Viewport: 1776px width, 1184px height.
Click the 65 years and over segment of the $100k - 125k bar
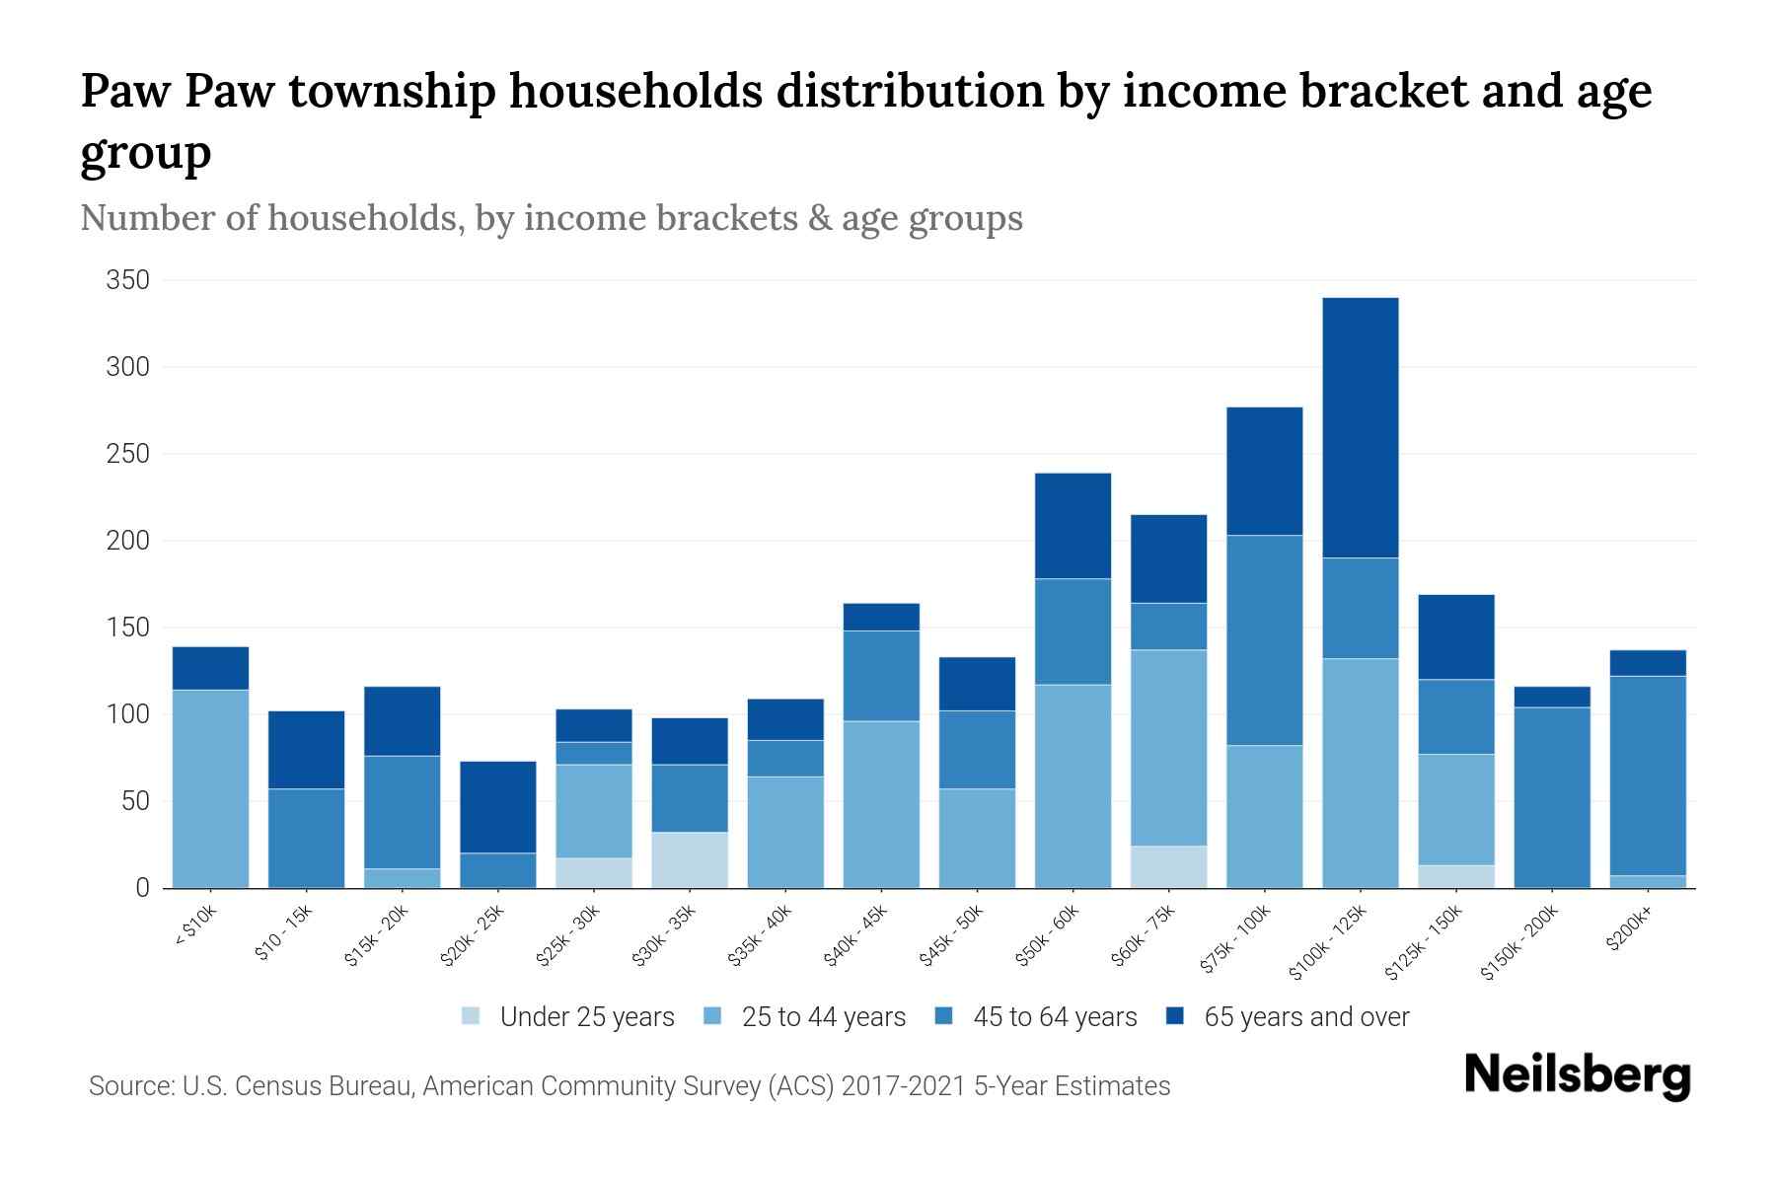(1360, 427)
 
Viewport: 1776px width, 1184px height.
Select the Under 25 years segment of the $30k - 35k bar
(690, 859)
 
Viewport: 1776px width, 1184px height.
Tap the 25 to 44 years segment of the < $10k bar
(210, 788)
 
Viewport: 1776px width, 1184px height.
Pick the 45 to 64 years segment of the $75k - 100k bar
(1264, 639)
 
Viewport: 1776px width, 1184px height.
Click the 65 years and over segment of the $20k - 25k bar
(498, 807)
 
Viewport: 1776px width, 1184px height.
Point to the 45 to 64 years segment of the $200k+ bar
(1648, 776)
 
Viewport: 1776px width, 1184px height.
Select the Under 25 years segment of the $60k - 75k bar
(1168, 866)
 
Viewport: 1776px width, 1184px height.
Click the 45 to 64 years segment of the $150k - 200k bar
(1552, 797)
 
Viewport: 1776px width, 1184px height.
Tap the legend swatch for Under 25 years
(472, 1016)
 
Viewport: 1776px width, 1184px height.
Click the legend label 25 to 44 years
(823, 1017)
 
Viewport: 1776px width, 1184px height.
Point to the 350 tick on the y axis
(128, 280)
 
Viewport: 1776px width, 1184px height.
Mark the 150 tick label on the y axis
(128, 628)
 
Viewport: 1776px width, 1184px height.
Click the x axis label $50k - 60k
(1049, 936)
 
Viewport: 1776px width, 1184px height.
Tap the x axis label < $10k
(196, 926)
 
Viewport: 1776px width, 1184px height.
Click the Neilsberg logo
(1577, 1074)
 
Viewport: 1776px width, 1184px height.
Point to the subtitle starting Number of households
(551, 218)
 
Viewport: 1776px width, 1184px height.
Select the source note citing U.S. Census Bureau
(629, 1086)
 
